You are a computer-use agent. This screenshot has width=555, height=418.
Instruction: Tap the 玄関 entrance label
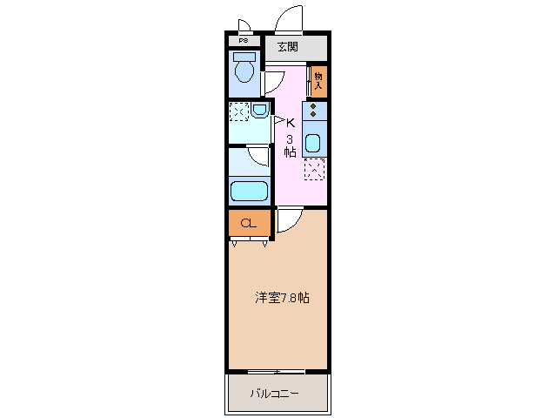288,47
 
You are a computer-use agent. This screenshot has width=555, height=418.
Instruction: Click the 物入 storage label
318,80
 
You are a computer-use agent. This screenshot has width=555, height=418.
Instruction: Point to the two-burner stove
314,111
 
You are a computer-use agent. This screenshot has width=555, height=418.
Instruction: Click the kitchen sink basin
313,144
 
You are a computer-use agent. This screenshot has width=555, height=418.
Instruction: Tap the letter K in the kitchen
291,123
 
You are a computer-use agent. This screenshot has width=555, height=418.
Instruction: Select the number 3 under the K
290,138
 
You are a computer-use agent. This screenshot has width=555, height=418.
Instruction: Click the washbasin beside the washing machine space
259,110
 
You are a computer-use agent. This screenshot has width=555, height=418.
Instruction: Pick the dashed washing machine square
238,111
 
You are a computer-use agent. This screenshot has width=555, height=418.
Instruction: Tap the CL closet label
248,223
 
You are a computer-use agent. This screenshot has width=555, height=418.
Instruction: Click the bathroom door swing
258,156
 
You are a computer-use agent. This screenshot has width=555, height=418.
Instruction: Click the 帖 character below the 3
290,152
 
